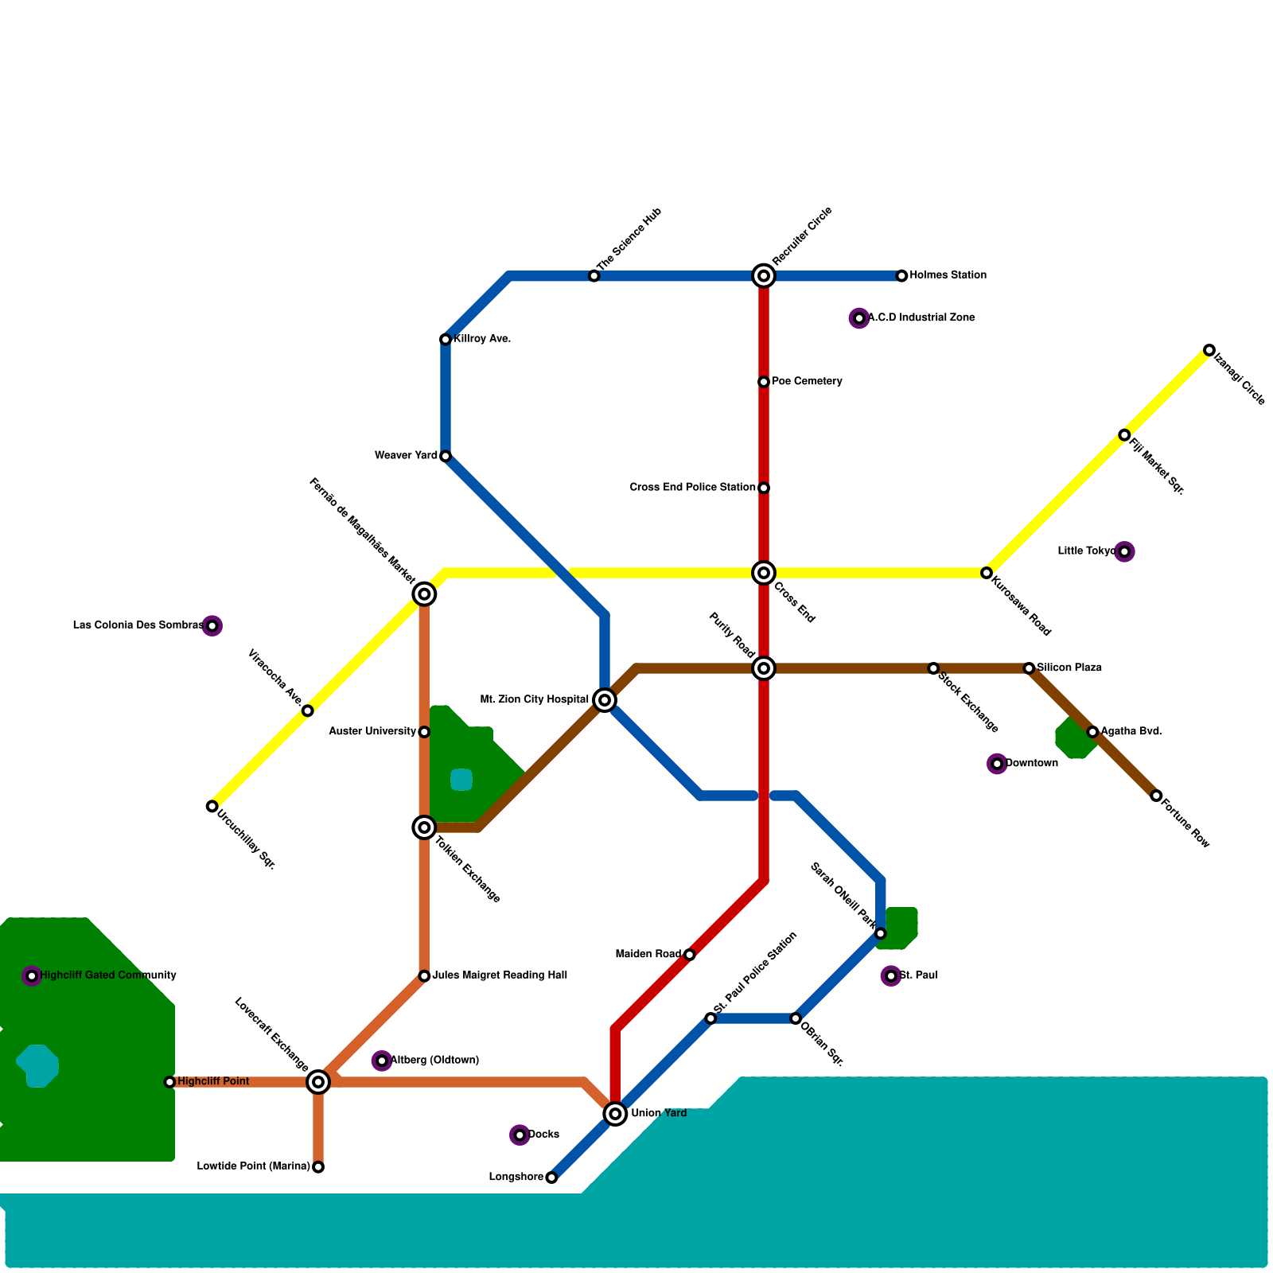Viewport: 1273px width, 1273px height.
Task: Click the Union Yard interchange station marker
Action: point(615,1114)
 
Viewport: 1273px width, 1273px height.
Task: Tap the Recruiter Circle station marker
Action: point(764,276)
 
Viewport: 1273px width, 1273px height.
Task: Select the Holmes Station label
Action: point(948,275)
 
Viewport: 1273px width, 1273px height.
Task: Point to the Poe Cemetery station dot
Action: point(764,382)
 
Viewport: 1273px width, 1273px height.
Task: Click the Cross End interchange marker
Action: point(764,573)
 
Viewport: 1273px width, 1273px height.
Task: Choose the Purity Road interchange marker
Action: point(764,668)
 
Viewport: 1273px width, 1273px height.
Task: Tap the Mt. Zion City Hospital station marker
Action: point(605,700)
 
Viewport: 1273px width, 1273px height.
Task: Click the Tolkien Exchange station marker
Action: point(424,827)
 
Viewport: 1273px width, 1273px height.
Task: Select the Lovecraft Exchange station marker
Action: point(318,1082)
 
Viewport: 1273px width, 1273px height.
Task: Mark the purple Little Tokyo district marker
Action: point(1124,551)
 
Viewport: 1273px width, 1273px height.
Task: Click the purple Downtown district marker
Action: point(997,764)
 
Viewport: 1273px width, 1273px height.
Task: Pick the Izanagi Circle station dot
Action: point(1209,350)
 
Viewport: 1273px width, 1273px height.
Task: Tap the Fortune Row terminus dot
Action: point(1156,796)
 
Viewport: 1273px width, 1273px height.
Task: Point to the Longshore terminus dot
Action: point(551,1178)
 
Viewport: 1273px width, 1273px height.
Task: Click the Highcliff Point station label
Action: point(213,1082)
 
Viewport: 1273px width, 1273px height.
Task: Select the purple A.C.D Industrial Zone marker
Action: point(859,318)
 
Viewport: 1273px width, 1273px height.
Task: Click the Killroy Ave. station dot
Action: point(446,340)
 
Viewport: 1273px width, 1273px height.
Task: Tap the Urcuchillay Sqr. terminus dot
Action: point(212,806)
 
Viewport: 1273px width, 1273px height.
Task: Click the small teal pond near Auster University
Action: point(461,780)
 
